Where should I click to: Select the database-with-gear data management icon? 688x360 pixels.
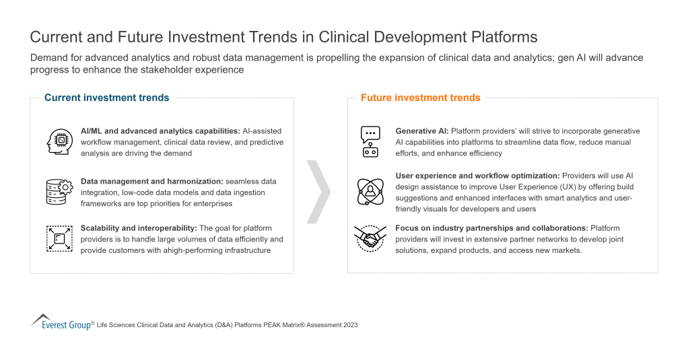[59, 192]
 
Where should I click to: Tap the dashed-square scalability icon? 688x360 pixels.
[59, 238]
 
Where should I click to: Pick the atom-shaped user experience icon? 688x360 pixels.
[370, 191]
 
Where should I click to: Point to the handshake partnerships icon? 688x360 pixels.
[370, 238]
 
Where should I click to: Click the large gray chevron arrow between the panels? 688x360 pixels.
[318, 191]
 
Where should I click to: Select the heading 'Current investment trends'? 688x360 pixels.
[106, 98]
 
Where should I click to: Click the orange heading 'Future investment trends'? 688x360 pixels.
[420, 98]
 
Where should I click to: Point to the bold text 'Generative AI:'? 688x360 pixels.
[421, 131]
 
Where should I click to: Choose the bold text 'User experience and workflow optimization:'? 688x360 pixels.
[477, 176]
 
